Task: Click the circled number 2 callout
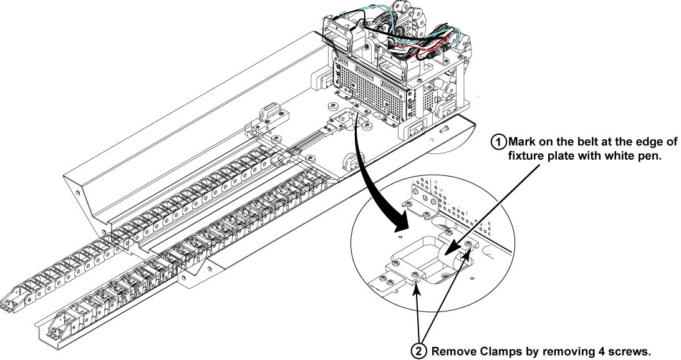420,351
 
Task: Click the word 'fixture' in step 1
529,156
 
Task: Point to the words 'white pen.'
635,156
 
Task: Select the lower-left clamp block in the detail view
404,273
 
